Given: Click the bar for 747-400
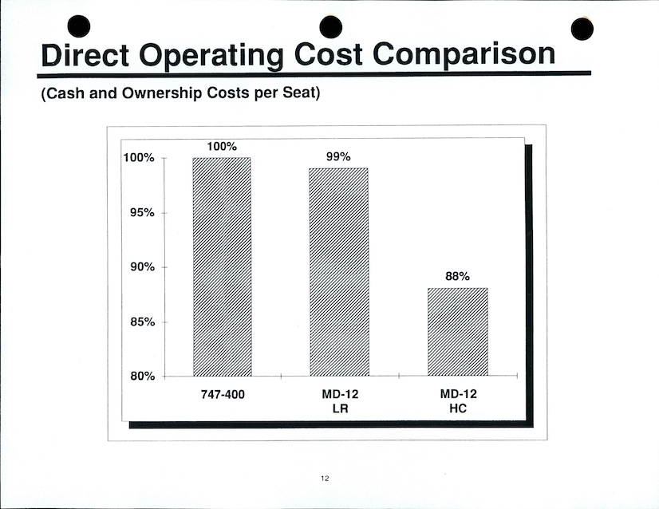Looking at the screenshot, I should tap(222, 266).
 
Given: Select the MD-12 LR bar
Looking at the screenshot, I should tap(339, 271).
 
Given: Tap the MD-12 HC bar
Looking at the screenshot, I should tap(457, 331).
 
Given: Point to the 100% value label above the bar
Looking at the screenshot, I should tap(222, 147).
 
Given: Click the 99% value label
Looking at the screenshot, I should tap(338, 157).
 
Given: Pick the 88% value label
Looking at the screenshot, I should tap(457, 277).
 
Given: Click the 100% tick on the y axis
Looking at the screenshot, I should tap(138, 158).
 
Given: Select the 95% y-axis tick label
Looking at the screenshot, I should tap(140, 213).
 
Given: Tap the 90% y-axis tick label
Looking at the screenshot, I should tap(140, 267).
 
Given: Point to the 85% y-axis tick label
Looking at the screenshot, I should tap(140, 322).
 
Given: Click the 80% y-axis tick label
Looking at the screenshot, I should tap(140, 377).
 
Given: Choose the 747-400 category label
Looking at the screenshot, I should tap(222, 395).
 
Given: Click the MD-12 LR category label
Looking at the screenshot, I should tap(338, 401).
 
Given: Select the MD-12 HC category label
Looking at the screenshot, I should tap(457, 401).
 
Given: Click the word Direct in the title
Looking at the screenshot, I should tap(84, 54).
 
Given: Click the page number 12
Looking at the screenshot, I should tap(325, 479).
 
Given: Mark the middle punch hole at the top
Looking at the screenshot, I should tap(330, 26).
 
